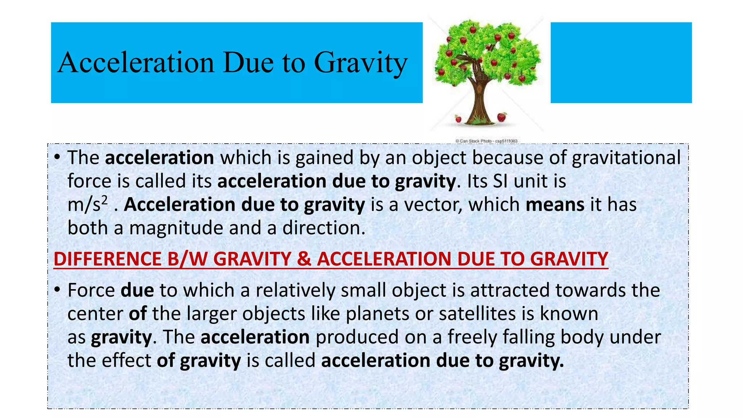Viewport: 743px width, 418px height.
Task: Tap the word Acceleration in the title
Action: click(x=136, y=62)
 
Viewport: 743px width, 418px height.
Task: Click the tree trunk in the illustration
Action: click(x=479, y=102)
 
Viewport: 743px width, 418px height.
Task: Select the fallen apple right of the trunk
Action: click(x=502, y=117)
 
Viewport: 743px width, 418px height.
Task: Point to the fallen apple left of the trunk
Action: click(x=458, y=119)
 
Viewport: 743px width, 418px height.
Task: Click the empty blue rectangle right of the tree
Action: click(x=621, y=62)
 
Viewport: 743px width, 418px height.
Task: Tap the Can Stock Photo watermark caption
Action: click(x=486, y=141)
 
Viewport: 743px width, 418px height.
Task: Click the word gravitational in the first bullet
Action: click(x=626, y=158)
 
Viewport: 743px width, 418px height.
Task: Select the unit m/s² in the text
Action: click(x=87, y=205)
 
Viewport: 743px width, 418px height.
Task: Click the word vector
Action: click(x=433, y=205)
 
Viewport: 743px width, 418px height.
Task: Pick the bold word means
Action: click(x=555, y=205)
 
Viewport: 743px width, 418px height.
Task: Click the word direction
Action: click(x=324, y=228)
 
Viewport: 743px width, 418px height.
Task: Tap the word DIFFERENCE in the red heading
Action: click(x=107, y=259)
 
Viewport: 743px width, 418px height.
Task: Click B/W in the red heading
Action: click(x=188, y=259)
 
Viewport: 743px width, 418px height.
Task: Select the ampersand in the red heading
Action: click(x=304, y=259)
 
